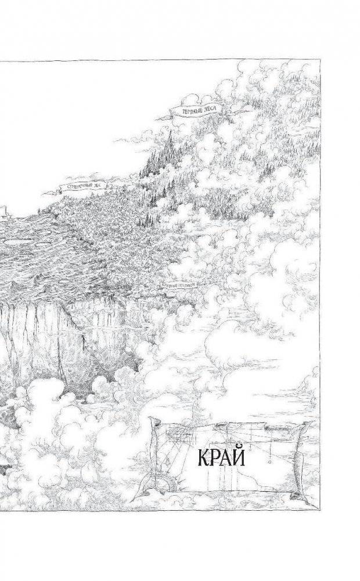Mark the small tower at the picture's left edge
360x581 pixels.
coord(2,211)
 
